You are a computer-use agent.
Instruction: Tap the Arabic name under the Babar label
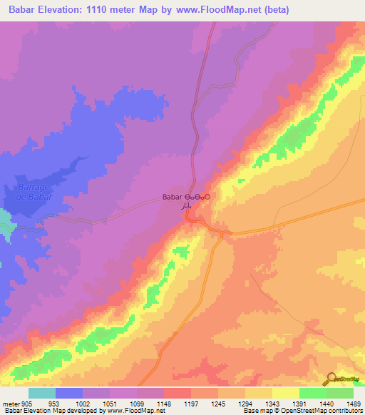(186, 205)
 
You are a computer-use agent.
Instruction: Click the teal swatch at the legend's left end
(42, 393)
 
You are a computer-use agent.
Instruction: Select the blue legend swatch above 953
(69, 393)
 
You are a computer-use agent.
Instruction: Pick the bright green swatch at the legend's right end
(341, 393)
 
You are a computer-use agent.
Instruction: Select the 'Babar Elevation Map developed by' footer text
(52, 411)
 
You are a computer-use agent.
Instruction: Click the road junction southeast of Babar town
(225, 234)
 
